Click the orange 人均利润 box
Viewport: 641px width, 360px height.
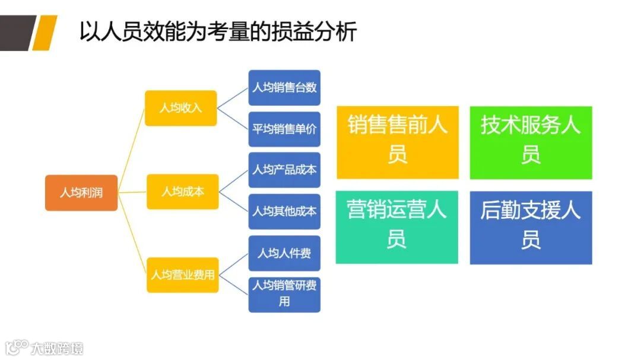coord(81,192)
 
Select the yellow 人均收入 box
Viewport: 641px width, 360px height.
coord(181,108)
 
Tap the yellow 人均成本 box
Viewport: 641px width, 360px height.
coord(182,192)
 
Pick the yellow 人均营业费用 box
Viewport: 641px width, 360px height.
coord(182,275)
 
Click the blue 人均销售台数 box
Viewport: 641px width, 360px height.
coord(284,88)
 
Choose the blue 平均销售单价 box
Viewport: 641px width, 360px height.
coord(284,129)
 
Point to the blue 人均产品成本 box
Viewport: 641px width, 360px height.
coord(284,170)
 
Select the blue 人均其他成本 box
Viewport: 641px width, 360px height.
coord(284,211)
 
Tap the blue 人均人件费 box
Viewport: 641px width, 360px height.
coord(284,253)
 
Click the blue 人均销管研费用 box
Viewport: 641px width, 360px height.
coord(284,294)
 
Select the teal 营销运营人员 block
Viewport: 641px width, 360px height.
coord(397,227)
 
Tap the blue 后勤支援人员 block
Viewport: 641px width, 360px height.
coord(531,227)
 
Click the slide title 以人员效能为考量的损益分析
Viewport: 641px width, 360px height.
coord(218,32)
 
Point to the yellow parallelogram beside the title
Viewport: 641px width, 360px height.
coord(45,33)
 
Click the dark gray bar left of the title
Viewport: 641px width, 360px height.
coord(15,33)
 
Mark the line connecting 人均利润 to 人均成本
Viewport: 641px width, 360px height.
coord(132,192)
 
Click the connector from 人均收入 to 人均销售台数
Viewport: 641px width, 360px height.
coord(233,98)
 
